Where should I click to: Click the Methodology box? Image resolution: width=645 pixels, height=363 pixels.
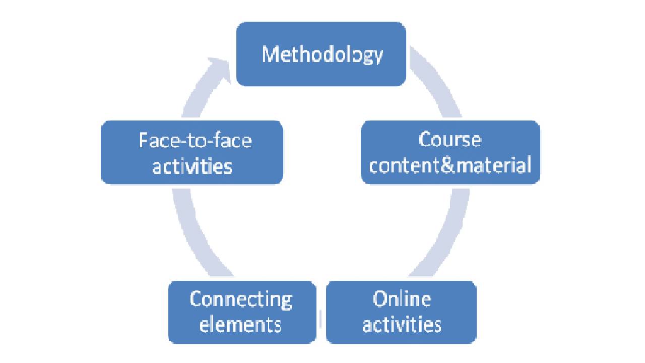tap(321, 71)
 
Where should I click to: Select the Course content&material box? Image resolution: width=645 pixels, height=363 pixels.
tap(450, 171)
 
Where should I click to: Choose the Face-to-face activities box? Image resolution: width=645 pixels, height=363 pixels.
tap(191, 174)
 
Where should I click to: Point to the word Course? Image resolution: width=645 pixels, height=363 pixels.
tap(450, 140)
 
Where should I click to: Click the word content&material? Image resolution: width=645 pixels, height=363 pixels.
tap(450, 165)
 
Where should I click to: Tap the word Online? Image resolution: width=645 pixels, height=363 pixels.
tap(402, 299)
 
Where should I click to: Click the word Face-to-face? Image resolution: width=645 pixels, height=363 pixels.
tap(195, 140)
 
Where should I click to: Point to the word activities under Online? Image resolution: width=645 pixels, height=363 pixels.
tap(402, 324)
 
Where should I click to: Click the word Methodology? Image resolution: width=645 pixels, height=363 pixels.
tap(322, 54)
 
